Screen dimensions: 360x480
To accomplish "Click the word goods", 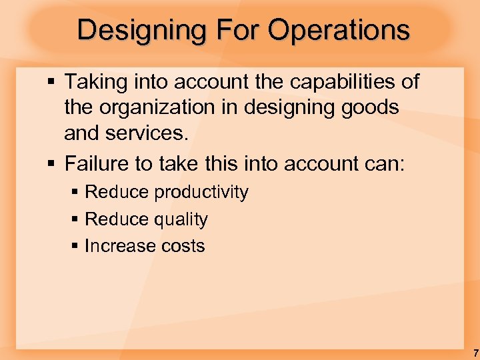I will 373,107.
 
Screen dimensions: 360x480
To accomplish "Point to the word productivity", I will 201,193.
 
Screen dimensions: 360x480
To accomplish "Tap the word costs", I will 183,246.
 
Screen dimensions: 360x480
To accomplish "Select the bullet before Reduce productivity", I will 75,193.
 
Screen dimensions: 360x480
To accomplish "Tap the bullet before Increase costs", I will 75,246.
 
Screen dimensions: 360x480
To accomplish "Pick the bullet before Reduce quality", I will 75,219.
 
